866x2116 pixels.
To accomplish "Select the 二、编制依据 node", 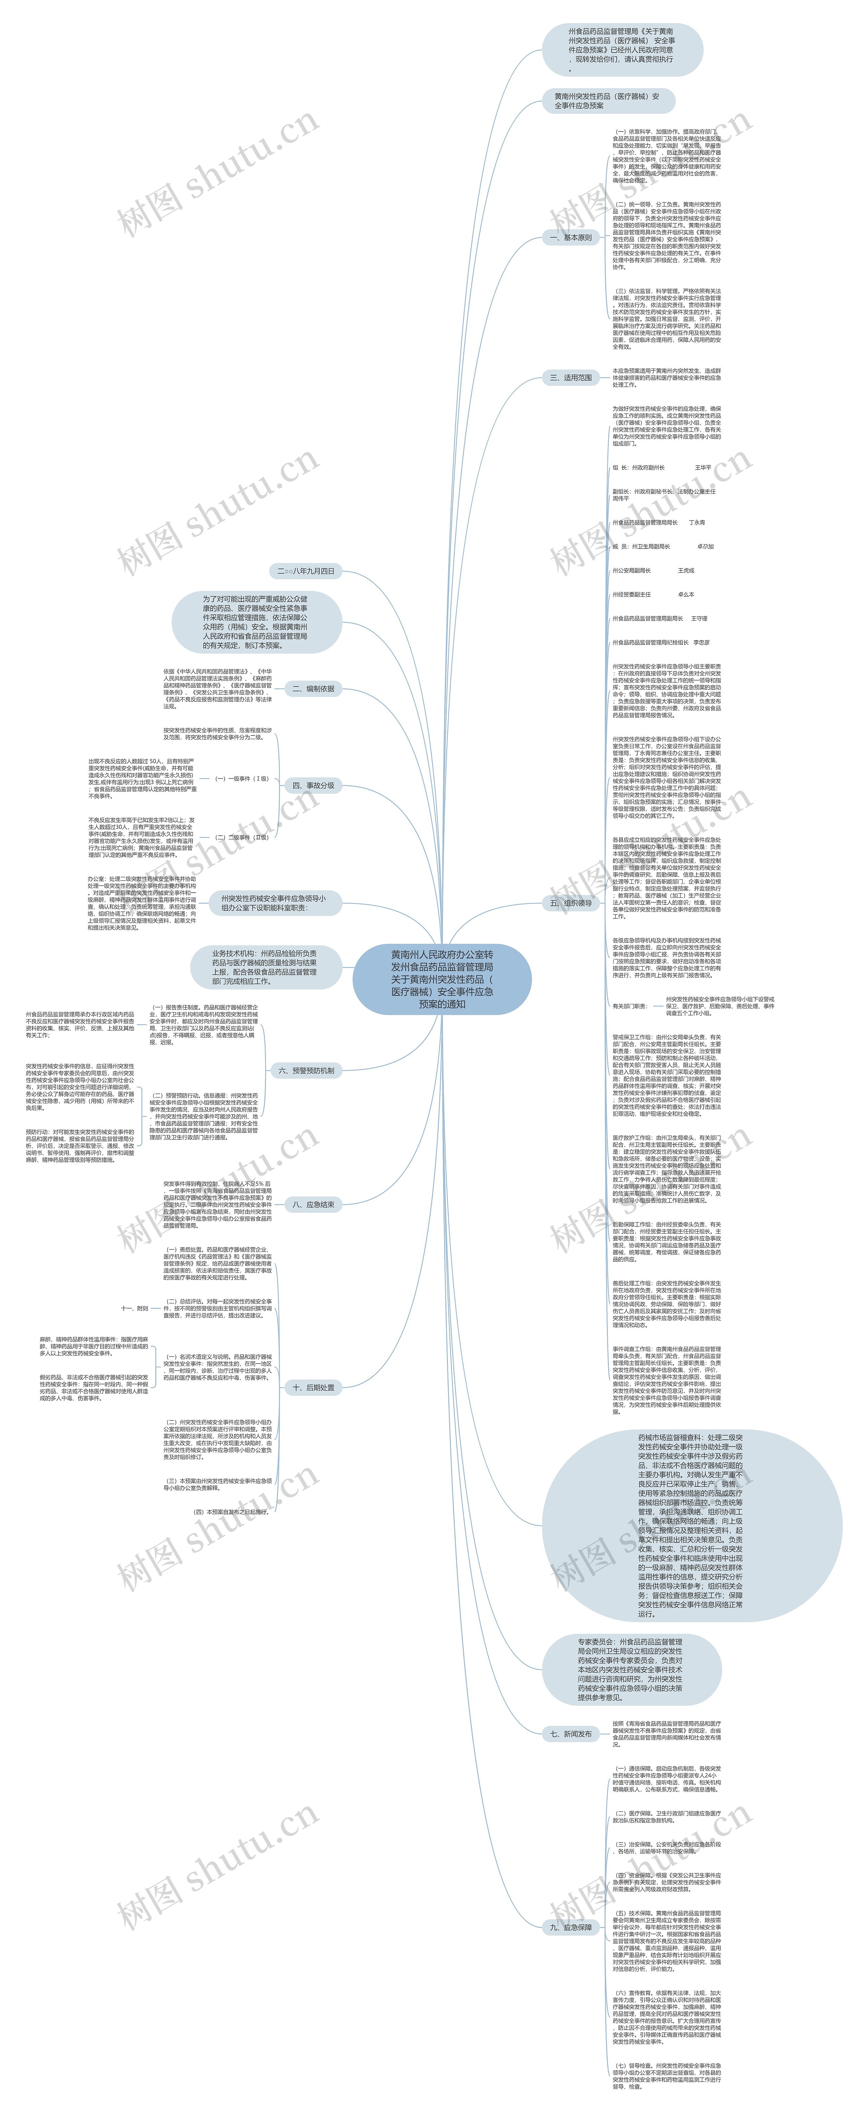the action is click(313, 688).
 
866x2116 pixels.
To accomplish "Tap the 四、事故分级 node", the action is click(313, 785).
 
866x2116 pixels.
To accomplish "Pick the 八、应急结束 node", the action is click(313, 1204).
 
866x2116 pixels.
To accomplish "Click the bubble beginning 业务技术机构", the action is click(264, 967).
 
